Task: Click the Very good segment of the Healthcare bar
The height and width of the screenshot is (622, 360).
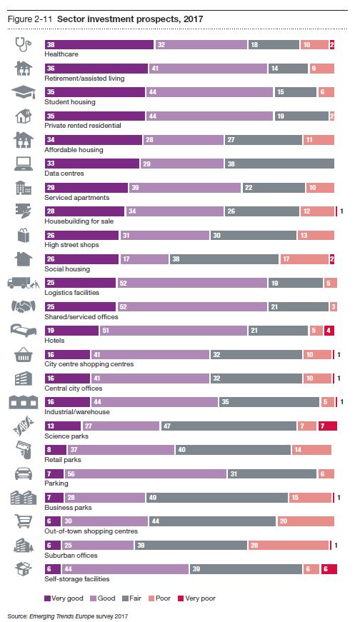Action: tap(99, 44)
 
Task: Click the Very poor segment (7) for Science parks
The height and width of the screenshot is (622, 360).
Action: tap(329, 426)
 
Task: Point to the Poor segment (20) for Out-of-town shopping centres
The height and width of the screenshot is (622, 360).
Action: tap(304, 522)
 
